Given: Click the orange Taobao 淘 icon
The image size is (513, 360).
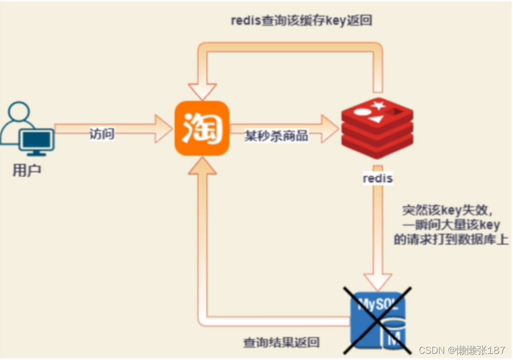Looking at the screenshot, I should point(202,128).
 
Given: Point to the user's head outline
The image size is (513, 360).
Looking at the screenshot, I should point(19,113).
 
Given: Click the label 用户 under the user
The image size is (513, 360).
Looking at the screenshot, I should point(26,171).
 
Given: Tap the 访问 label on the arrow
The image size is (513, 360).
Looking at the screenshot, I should point(101,134).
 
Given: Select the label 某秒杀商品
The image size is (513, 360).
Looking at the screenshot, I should point(276,136).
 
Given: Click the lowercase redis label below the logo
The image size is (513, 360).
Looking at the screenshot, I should point(377,179).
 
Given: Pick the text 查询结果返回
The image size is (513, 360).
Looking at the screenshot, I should point(281,342).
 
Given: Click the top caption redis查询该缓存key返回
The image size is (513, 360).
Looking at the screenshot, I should point(302,21).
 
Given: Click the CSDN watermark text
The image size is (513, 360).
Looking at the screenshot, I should point(462,351).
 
